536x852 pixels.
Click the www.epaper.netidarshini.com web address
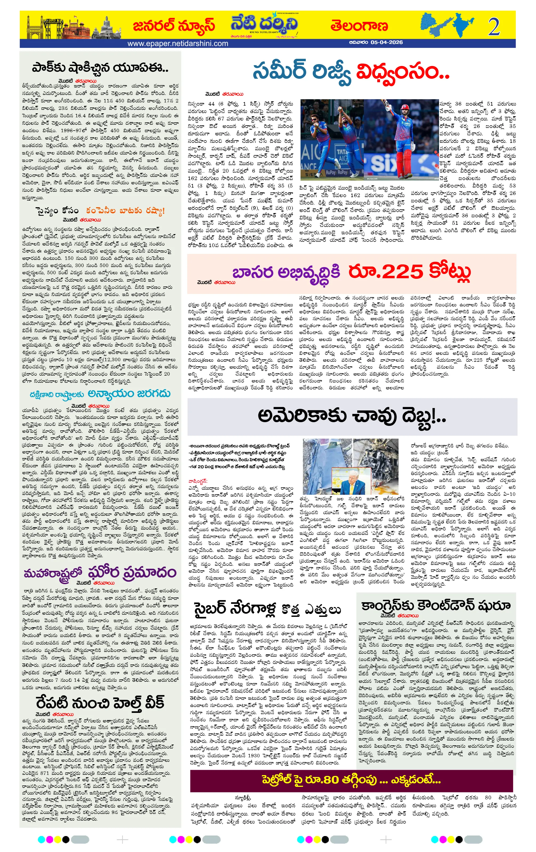(177, 44)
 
